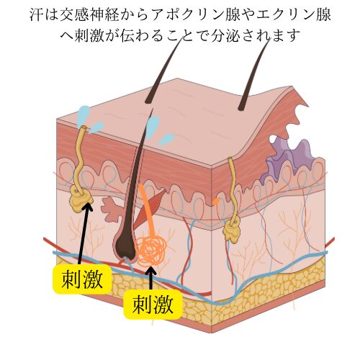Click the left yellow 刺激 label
(82, 279)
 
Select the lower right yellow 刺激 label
(153, 305)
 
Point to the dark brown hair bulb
(126, 247)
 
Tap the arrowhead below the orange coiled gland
(151, 271)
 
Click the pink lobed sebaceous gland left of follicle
(111, 207)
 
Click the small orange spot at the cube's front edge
(216, 201)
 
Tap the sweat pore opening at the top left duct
(84, 127)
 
